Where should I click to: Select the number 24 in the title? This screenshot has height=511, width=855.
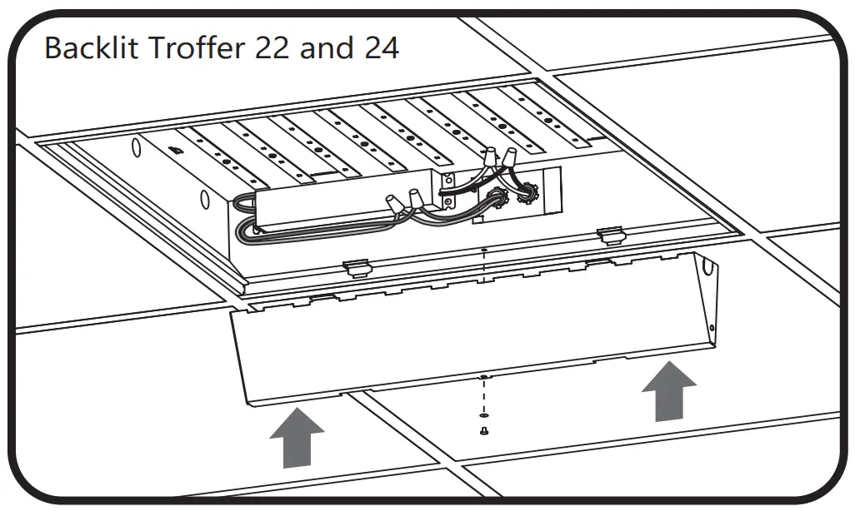tap(381, 47)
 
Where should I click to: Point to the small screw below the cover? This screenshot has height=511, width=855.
tap(482, 430)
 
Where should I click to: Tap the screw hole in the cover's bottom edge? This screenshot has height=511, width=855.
tap(482, 377)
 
